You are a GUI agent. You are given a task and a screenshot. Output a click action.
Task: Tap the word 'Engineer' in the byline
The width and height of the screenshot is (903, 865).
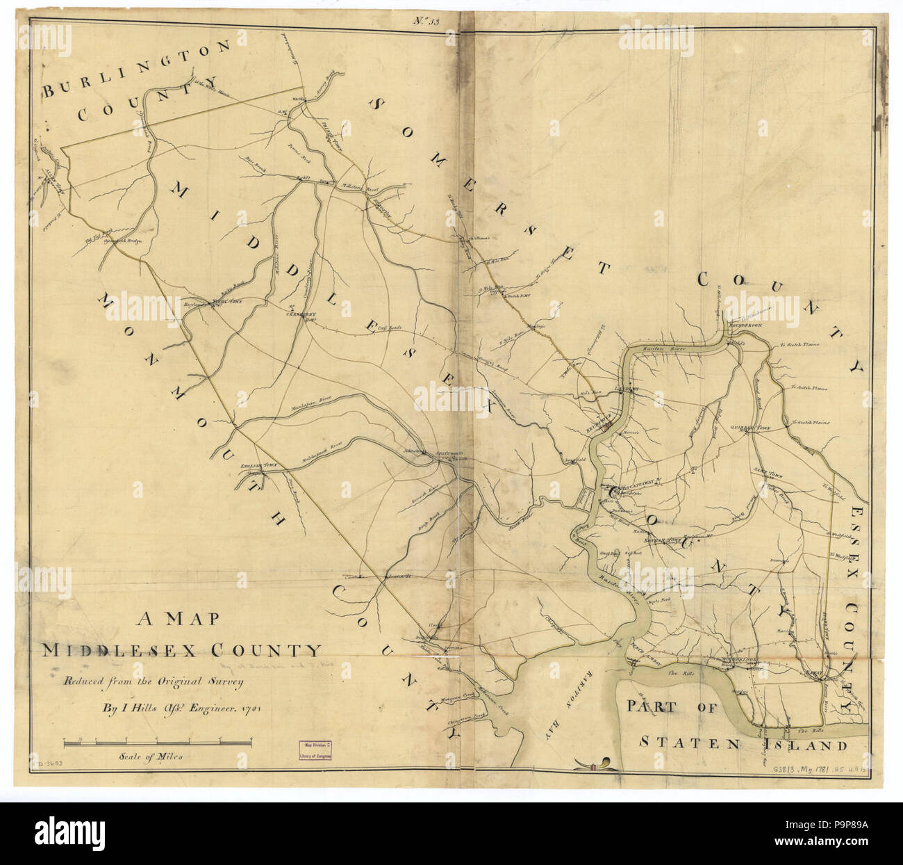(198, 711)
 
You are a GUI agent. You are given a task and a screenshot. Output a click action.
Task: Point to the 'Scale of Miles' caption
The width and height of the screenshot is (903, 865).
(151, 757)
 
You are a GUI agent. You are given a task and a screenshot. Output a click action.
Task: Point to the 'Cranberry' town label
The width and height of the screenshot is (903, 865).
(301, 314)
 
